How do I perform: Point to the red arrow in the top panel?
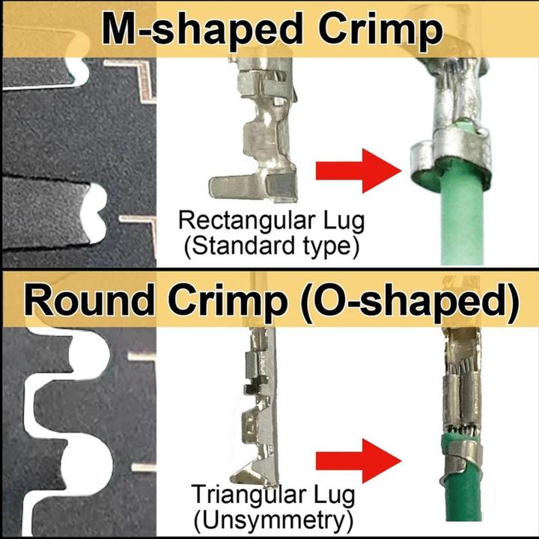(359, 171)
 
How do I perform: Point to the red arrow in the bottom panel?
(359, 461)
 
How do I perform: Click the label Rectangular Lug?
(271, 221)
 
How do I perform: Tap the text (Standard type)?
(271, 246)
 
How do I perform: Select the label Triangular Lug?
(273, 495)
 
